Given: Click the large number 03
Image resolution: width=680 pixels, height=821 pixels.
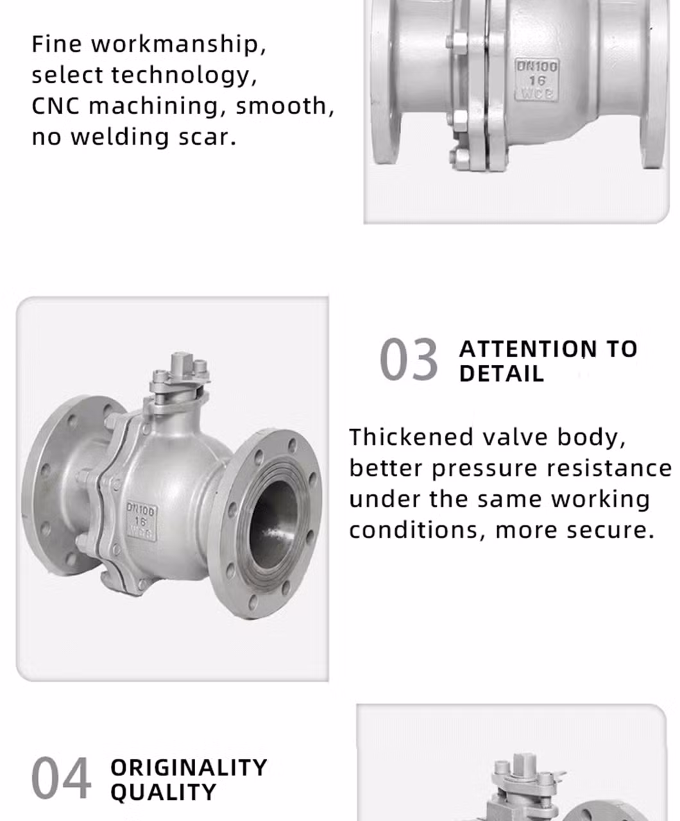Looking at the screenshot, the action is coord(409,359).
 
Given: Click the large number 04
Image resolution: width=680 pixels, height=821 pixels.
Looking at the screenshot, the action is coord(61,778).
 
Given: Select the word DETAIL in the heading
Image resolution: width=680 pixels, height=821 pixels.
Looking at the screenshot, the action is coord(502,373).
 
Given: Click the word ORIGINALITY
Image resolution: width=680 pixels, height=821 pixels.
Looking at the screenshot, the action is coord(189,768).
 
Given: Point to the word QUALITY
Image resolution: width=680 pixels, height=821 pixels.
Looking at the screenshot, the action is coord(163,792).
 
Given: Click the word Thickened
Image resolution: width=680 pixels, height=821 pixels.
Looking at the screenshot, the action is coord(411,437).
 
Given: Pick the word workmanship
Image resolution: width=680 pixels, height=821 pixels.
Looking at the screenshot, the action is coord(178,44).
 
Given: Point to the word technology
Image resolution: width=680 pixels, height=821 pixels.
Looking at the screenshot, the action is coord(184,74).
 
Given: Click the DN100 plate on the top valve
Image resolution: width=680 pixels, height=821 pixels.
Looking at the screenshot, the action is coord(536,80).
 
